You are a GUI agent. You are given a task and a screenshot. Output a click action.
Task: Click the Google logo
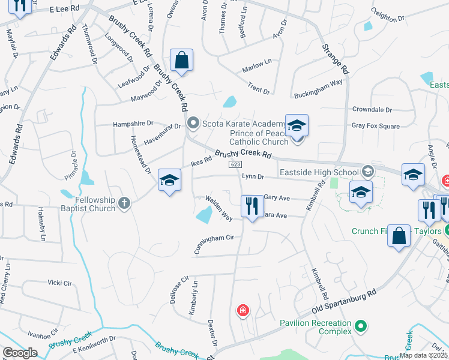click(x=20, y=353)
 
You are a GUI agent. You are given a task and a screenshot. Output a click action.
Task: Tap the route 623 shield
click(x=235, y=164)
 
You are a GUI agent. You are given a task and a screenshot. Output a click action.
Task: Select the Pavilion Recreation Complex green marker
click(x=360, y=326)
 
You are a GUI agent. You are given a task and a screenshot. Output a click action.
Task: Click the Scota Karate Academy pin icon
click(x=193, y=124)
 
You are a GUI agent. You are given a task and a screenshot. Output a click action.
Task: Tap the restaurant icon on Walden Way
click(x=252, y=206)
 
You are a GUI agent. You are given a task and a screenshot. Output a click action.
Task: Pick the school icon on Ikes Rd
click(x=170, y=180)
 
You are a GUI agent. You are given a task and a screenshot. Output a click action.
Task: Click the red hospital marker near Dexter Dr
click(x=243, y=310)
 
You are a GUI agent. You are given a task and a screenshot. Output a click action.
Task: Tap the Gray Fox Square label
click(x=376, y=126)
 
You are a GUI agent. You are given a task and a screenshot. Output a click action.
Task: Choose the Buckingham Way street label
click(x=318, y=89)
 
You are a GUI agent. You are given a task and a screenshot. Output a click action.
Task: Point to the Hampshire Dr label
click(x=133, y=124)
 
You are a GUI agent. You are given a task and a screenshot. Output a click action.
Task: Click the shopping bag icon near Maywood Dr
click(x=181, y=60)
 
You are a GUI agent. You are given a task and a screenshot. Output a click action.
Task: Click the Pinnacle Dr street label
click(x=75, y=165)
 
